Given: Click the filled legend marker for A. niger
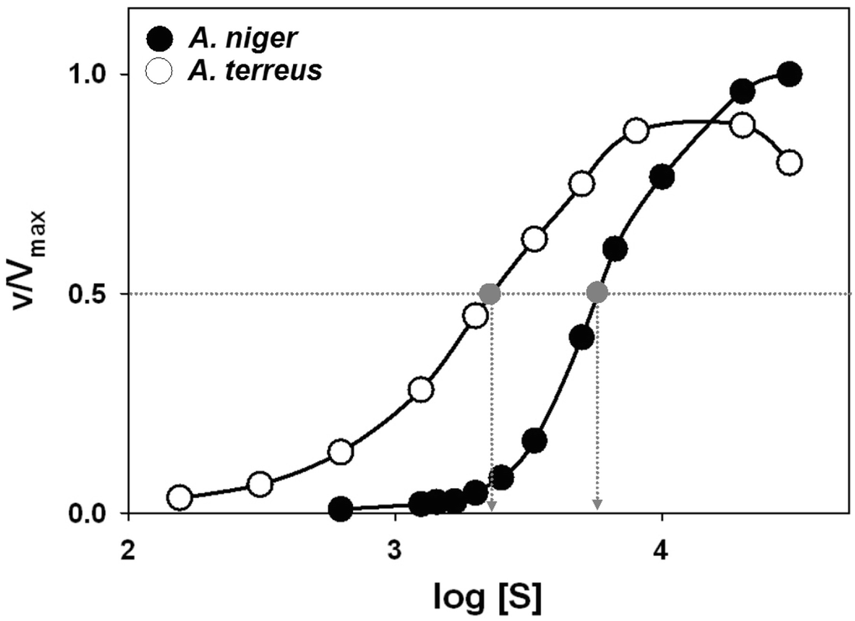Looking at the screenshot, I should (159, 37).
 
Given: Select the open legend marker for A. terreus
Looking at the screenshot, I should (159, 71).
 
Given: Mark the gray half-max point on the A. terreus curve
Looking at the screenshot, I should (490, 294).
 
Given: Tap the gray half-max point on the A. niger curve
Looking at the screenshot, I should (597, 293).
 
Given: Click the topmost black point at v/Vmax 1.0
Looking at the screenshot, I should (790, 75).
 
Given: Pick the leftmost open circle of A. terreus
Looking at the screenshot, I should (180, 497).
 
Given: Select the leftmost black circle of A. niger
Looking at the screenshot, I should (340, 509).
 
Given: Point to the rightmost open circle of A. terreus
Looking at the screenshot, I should (790, 162).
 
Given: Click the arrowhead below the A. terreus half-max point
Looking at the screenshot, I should (491, 506).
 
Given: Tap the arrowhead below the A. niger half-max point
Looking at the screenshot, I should (597, 506).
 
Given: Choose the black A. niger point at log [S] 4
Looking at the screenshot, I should (661, 176).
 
